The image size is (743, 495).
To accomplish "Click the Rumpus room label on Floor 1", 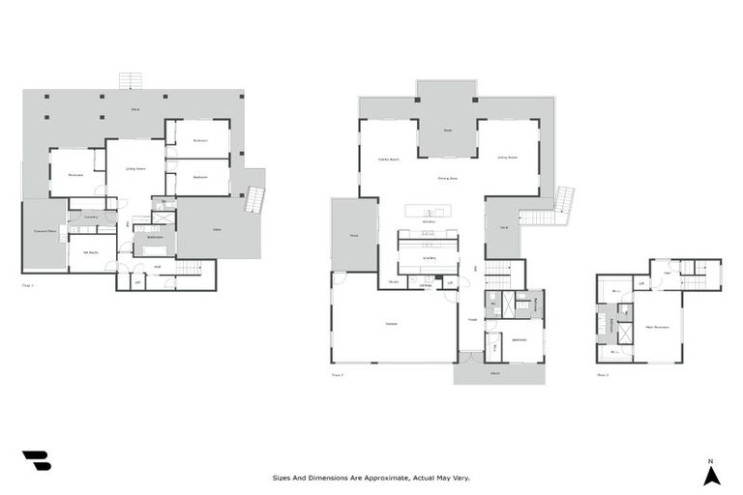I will tap(74, 176).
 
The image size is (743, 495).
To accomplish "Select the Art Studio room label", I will tap(91, 251).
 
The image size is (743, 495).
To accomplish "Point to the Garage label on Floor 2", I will tap(392, 323).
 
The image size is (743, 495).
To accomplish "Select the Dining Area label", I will tap(447, 178).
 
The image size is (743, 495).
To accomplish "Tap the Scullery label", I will tap(430, 257).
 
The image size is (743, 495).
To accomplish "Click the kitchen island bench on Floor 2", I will tap(430, 212).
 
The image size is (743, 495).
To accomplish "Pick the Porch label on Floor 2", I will tap(495, 372).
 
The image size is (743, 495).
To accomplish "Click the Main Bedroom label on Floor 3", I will tap(659, 326).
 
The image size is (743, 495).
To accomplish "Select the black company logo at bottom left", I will tap(36, 461).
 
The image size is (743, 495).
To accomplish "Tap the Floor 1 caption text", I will tap(27, 285).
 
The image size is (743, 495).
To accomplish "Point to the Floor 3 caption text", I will tap(602, 374).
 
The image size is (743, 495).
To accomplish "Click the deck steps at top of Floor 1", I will tap(131, 80).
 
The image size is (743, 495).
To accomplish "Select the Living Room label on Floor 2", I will tap(507, 157).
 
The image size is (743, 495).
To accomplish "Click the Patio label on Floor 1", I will tap(218, 229).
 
